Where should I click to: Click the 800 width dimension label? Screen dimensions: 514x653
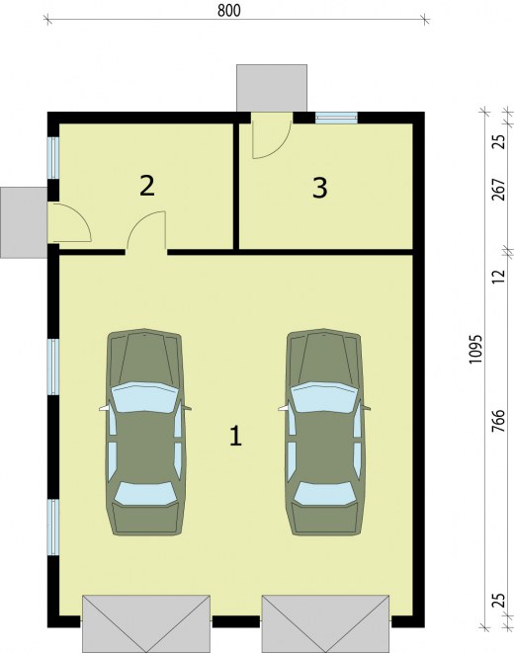(229, 11)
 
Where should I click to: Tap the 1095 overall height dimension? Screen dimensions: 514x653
(475, 349)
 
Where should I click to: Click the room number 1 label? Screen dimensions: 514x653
(236, 436)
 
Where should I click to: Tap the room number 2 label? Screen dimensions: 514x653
(147, 186)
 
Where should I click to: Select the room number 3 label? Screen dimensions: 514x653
(320, 188)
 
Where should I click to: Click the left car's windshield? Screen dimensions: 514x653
(144, 397)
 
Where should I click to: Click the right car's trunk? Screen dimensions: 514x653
(325, 520)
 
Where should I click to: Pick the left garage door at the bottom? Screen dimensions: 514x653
(146, 623)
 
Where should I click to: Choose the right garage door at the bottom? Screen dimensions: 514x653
(326, 623)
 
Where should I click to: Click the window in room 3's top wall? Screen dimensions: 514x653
(336, 118)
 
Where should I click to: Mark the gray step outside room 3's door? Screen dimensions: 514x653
(272, 88)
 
